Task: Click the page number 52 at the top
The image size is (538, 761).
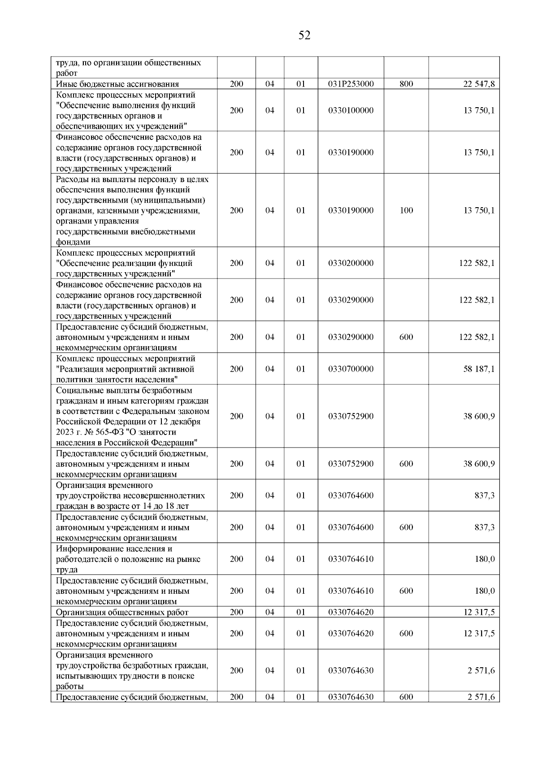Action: tap(304, 35)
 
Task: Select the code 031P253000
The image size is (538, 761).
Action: tap(351, 84)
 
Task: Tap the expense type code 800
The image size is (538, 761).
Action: tap(406, 84)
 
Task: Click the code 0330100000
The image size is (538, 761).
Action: tap(351, 110)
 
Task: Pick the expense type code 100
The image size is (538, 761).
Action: tap(406, 210)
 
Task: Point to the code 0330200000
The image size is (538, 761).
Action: tap(351, 263)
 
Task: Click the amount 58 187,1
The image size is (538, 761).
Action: tap(479, 369)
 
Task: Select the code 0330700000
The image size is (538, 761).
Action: tap(351, 369)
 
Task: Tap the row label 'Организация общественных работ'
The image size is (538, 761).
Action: tap(122, 613)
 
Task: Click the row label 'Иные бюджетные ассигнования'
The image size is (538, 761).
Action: tap(117, 84)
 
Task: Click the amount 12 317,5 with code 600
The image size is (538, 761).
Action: tap(479, 634)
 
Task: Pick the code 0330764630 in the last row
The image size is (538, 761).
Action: tap(351, 697)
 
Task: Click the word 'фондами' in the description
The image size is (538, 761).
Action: tap(73, 243)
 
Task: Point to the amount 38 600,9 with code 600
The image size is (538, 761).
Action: tap(479, 464)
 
